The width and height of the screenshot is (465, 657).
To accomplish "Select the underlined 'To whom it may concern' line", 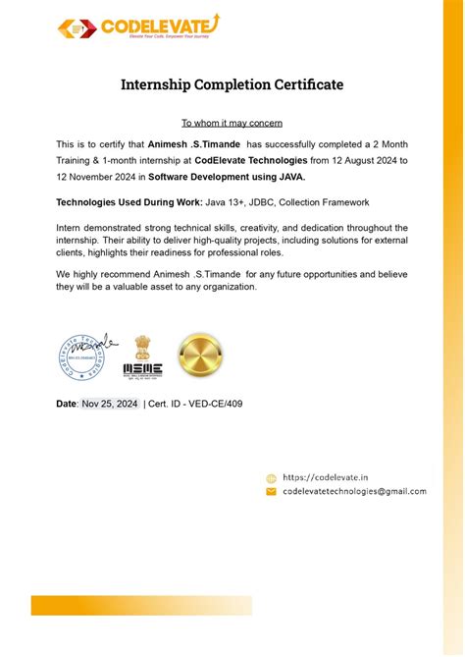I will pos(232,123).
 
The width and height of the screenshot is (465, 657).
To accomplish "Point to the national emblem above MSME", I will pos(143,347).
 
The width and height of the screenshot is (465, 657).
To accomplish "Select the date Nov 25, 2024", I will pos(110,404).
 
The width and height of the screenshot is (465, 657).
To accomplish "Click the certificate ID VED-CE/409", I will pos(210,404).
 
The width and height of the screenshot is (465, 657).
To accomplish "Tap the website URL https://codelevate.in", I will pos(325,477).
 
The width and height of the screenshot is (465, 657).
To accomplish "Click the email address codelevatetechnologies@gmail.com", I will pos(354,491).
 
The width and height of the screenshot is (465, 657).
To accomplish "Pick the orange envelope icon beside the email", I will pos(271,491).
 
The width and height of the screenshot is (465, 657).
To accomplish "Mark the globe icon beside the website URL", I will pos(271,478).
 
